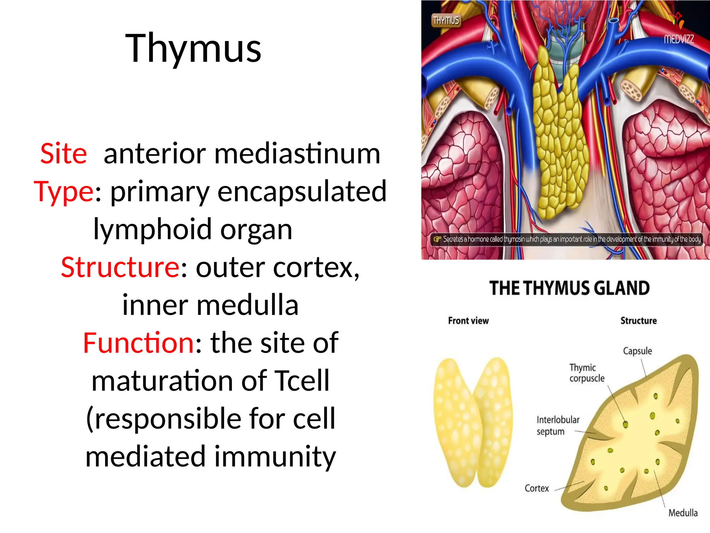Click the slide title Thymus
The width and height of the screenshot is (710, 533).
click(x=193, y=49)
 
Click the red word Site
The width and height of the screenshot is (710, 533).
click(x=63, y=153)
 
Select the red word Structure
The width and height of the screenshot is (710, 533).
click(x=120, y=267)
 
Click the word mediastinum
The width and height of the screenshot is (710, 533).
click(x=297, y=153)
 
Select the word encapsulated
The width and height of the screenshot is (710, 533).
click(x=302, y=191)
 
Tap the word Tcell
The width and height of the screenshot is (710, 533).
click(x=302, y=381)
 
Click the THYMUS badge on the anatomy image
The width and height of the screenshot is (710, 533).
click(x=446, y=20)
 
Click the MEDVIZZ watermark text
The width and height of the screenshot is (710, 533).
click(x=678, y=39)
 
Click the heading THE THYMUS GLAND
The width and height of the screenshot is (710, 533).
click(x=570, y=288)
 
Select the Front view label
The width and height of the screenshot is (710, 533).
click(x=468, y=321)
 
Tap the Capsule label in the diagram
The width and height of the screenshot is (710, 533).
click(x=637, y=351)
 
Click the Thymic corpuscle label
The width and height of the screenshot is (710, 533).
click(x=587, y=373)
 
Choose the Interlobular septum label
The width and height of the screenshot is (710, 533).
click(x=557, y=426)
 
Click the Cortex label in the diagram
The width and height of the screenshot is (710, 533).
click(x=537, y=489)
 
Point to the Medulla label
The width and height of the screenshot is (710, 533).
click(x=683, y=513)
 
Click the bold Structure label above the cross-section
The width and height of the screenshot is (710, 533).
click(x=638, y=321)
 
